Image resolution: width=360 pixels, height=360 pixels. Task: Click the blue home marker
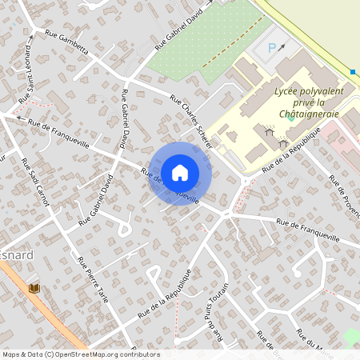click(x=180, y=173)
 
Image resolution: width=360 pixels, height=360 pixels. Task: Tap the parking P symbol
click(x=271, y=47)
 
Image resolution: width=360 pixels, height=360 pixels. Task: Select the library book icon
click(x=34, y=287)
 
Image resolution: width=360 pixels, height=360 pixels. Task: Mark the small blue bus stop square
click(x=353, y=72)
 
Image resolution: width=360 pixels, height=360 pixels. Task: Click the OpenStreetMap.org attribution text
click(x=104, y=354)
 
